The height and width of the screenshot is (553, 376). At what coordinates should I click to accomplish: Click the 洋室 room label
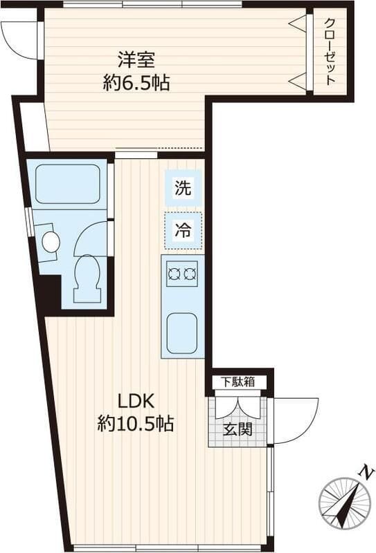click(136, 58)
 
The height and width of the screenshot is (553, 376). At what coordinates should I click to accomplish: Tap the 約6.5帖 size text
click(136, 83)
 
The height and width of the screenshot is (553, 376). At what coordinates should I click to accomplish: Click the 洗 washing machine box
click(183, 187)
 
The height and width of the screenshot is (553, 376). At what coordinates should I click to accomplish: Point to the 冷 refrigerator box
click(183, 230)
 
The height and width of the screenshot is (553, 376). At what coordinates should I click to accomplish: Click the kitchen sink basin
click(183, 332)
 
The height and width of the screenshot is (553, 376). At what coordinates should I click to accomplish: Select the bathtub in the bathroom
click(67, 183)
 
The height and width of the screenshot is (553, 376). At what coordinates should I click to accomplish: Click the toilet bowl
click(87, 272)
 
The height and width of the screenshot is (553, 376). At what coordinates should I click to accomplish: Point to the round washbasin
click(51, 242)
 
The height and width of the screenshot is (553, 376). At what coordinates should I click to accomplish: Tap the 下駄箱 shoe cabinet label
click(238, 382)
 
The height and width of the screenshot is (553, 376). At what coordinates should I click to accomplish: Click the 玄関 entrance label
click(238, 429)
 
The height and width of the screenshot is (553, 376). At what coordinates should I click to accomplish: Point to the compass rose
click(343, 503)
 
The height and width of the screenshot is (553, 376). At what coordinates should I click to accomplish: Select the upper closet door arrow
click(298, 24)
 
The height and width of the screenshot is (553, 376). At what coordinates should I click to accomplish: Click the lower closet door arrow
click(298, 82)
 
